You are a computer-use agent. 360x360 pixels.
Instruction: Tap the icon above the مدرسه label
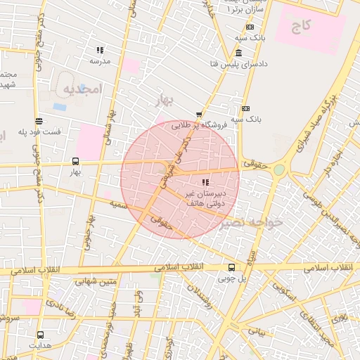pyautogui.click(x=100, y=51)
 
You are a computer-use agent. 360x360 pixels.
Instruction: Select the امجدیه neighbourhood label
pyautogui.click(x=83, y=89)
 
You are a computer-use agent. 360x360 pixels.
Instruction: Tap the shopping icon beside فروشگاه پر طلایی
pyautogui.click(x=200, y=115)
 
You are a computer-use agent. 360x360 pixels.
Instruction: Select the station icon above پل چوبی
pyautogui.click(x=231, y=267)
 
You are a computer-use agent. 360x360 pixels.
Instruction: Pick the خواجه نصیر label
pyautogui.click(x=250, y=223)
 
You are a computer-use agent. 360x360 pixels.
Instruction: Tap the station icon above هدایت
pyautogui.click(x=40, y=335)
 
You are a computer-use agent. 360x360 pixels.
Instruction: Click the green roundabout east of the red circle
pyautogui.click(x=280, y=169)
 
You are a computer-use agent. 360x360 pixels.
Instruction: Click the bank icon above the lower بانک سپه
pyautogui.click(x=245, y=108)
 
